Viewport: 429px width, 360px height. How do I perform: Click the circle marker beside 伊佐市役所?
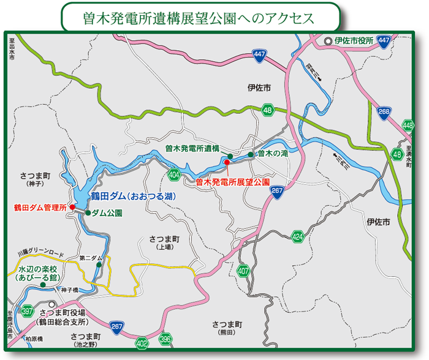[328, 41]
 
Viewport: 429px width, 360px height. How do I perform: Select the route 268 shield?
[384, 112]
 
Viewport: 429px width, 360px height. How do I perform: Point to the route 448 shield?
[408, 125]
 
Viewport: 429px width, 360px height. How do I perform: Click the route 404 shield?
[173, 175]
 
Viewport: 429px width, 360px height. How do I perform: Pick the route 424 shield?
[298, 236]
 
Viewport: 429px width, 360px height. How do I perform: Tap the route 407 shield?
[243, 270]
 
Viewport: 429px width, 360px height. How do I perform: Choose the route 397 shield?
[27, 310]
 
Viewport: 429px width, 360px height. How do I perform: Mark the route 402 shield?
[142, 342]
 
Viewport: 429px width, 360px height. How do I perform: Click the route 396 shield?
[165, 339]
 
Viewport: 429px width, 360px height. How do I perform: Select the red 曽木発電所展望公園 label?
[232, 182]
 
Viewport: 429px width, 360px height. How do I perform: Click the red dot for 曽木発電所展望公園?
[227, 162]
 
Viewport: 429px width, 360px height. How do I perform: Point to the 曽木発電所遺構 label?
[192, 148]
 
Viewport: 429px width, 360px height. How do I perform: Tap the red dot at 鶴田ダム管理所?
[72, 207]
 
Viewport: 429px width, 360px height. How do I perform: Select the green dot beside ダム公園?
[88, 213]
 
